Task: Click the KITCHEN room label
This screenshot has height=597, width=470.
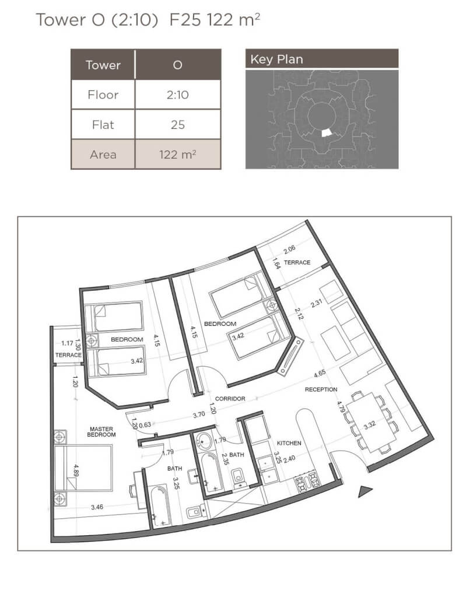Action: coord(289,443)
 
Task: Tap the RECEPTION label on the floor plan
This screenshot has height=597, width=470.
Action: coord(321,389)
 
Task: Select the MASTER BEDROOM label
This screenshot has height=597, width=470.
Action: coord(101,432)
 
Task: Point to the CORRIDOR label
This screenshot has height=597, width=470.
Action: coord(230,399)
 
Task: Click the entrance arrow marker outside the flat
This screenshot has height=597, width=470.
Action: coord(366,491)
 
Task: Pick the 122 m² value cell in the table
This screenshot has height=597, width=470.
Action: coord(178,154)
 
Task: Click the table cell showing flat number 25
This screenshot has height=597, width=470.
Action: coord(178,125)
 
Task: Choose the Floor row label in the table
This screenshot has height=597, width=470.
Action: coord(103,94)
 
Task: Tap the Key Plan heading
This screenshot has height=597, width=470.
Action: coord(277,59)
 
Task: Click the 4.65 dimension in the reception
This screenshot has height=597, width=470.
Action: coord(320,374)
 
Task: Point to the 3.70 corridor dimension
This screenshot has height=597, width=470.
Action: coord(199,415)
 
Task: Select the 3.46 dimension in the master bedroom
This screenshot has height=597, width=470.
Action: coord(97,507)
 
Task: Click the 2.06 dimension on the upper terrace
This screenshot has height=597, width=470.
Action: coord(289,250)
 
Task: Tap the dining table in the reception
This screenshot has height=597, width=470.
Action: coord(370,422)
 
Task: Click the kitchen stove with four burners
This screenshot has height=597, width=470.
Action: coord(307,482)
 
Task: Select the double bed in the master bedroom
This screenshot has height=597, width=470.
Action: coord(83,468)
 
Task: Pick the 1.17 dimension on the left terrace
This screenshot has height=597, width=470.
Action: coord(67,343)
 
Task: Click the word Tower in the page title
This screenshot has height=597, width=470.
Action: coord(60,20)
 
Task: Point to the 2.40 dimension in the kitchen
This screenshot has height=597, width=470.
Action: coord(289,459)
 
